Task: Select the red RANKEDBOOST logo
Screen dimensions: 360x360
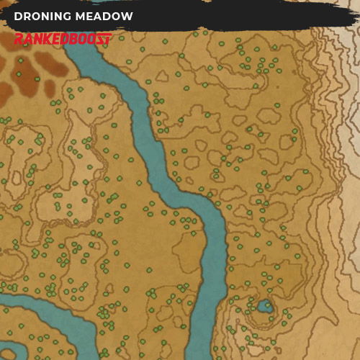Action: coord(63,38)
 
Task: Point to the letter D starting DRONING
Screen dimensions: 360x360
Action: coord(17,17)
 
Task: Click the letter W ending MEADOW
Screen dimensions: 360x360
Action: coord(127,17)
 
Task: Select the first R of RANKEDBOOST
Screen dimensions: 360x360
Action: coord(19,38)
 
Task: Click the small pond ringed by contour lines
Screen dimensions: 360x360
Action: coord(264,307)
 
